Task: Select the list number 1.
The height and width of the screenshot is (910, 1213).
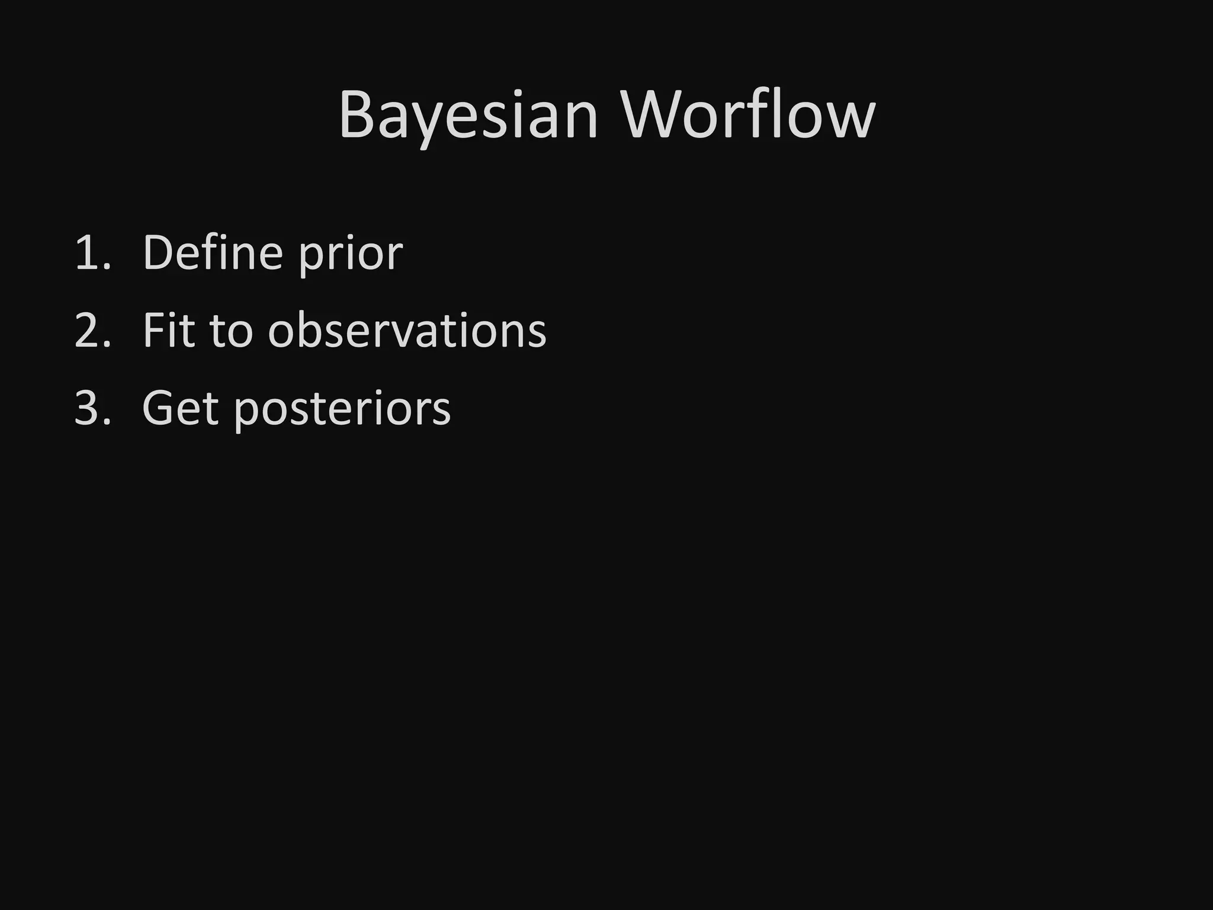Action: (x=92, y=254)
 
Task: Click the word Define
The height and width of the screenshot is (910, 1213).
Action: (x=213, y=252)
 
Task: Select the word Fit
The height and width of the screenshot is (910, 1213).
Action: (x=168, y=330)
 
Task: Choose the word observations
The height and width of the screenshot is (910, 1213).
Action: (x=407, y=330)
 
